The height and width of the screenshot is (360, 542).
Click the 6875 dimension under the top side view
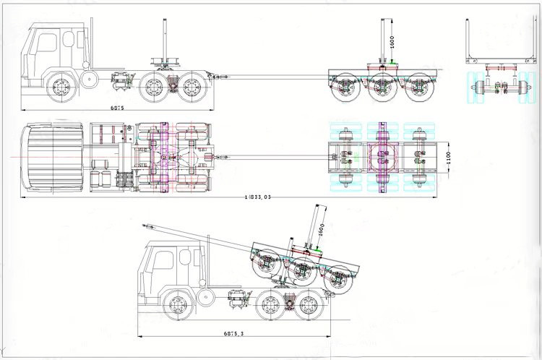[117, 108]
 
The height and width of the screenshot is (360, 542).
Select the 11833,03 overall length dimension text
[257, 196]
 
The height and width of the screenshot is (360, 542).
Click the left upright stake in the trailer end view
[468, 39]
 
